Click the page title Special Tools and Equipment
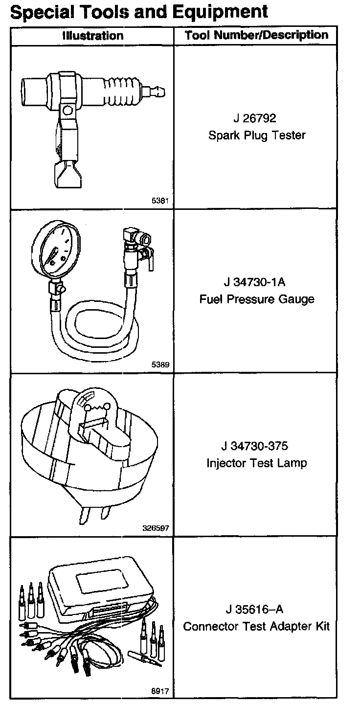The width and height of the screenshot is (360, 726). (x=139, y=11)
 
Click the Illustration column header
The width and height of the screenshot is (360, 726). (x=92, y=36)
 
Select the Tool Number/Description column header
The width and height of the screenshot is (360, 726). (x=256, y=35)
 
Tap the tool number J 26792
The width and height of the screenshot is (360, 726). (x=256, y=119)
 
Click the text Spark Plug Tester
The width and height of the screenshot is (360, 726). (x=256, y=136)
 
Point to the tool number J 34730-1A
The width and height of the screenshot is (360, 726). (x=256, y=282)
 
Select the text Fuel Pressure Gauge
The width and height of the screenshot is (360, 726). (x=256, y=299)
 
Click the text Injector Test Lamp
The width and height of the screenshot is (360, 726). (x=256, y=462)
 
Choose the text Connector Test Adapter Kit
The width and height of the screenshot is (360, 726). (x=256, y=626)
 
